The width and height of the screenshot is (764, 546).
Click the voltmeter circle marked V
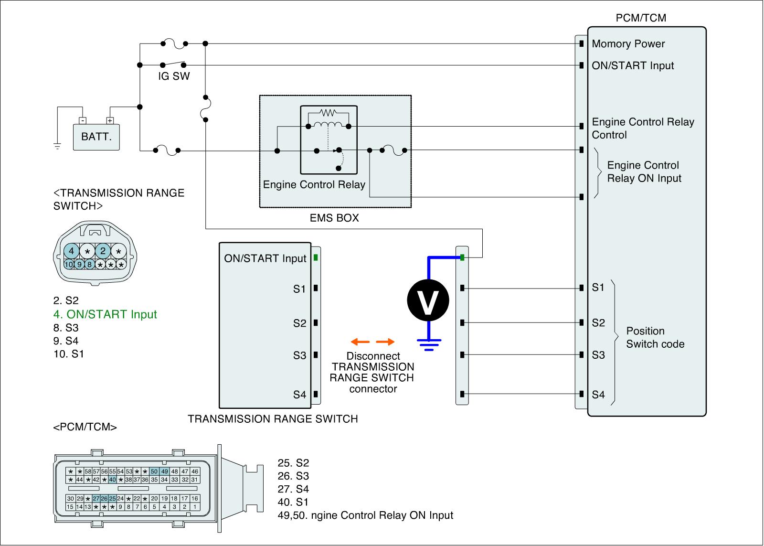click(x=428, y=300)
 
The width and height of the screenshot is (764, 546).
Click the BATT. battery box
click(x=96, y=137)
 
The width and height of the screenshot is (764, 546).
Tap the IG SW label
click(x=174, y=76)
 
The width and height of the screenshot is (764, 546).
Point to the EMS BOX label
click(x=334, y=218)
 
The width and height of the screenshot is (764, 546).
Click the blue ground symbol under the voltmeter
click(x=429, y=345)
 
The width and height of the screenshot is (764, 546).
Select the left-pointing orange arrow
click(x=360, y=342)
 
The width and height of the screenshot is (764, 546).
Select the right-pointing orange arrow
click(x=385, y=342)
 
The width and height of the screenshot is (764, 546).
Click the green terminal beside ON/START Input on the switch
click(x=316, y=257)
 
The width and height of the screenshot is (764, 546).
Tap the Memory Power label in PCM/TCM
click(x=628, y=43)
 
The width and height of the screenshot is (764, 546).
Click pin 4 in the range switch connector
click(x=71, y=251)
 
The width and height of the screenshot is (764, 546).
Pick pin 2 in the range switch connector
click(x=103, y=251)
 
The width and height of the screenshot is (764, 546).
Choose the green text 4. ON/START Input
click(x=105, y=314)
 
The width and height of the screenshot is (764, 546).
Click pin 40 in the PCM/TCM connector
click(x=113, y=480)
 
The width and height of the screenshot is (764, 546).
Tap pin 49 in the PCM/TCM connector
click(x=165, y=471)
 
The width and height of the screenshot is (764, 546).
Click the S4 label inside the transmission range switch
click(x=299, y=395)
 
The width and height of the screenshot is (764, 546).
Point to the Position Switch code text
click(x=655, y=338)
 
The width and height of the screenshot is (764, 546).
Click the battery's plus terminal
click(x=110, y=120)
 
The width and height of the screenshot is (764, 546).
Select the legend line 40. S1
click(x=293, y=502)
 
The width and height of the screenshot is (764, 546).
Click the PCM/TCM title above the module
click(x=641, y=18)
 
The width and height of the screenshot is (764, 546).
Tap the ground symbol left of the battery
click(x=57, y=146)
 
